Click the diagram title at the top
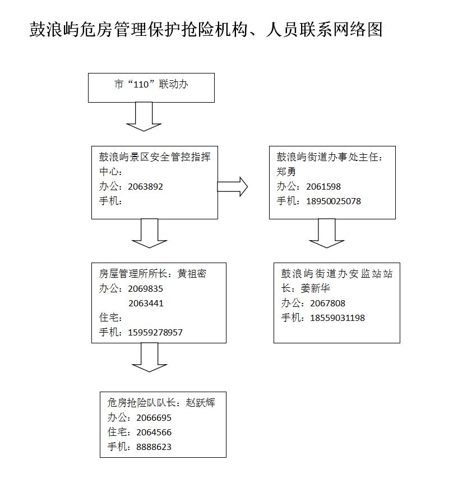point(206,30)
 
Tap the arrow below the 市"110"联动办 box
point(144,117)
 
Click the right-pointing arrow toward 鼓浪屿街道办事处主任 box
point(232,187)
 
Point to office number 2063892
point(146,187)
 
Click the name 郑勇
point(286,172)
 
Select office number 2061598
point(323,187)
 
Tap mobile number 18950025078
point(334,201)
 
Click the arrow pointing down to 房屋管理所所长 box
point(149,233)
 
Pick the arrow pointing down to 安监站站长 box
point(327,233)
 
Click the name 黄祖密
point(192,274)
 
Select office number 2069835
point(146,289)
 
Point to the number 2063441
point(146,304)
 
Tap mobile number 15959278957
point(155,332)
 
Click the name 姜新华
point(315,288)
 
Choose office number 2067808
point(328,304)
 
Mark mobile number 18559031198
point(337,318)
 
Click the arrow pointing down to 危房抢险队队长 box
point(149,357)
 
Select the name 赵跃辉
point(200,403)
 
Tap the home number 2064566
point(154,432)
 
